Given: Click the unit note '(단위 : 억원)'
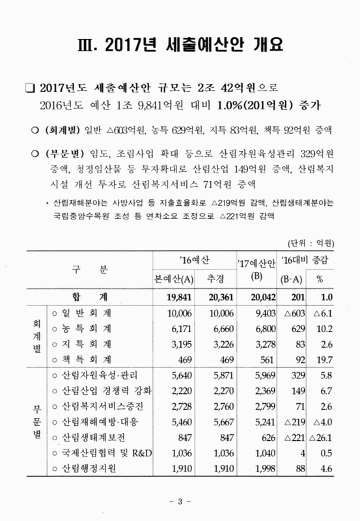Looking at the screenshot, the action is tap(310, 244).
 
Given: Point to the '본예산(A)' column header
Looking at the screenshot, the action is tap(171, 278).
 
